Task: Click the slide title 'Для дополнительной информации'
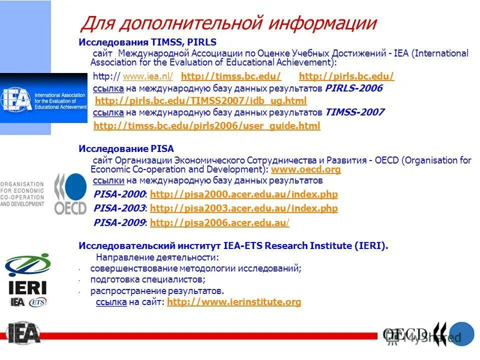[x=228, y=23]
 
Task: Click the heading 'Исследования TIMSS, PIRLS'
[x=147, y=42]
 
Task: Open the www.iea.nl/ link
[x=147, y=76]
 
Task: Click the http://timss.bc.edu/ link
[x=231, y=76]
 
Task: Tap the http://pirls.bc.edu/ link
[x=346, y=76]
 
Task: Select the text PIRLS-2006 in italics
[x=353, y=88]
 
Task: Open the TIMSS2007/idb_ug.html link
[x=200, y=101]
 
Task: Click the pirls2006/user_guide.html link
[x=206, y=126]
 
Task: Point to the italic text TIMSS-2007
[x=354, y=112]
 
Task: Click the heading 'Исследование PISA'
[x=126, y=149]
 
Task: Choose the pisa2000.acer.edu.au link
[x=243, y=194]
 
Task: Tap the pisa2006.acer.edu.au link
[x=219, y=223]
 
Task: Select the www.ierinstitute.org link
[x=234, y=302]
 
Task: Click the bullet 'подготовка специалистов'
[x=147, y=279]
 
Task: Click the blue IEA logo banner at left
[x=44, y=97]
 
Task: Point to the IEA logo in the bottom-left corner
[x=23, y=333]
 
